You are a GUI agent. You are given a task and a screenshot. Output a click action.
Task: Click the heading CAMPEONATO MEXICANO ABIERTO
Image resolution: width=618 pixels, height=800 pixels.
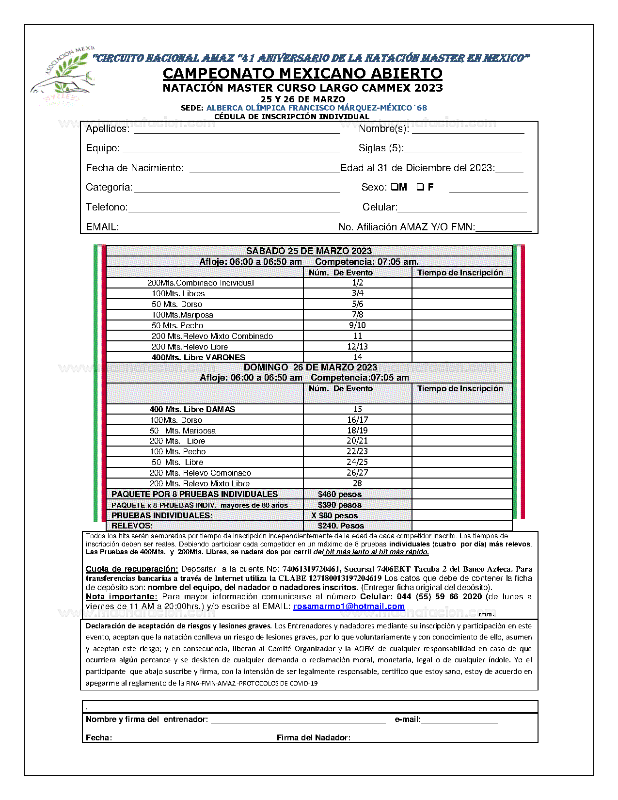coord(302,73)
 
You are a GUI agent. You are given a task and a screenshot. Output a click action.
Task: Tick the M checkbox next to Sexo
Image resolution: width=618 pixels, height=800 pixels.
coord(394,187)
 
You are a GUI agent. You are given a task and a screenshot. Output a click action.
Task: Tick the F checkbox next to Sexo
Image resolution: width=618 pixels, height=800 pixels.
coord(420,187)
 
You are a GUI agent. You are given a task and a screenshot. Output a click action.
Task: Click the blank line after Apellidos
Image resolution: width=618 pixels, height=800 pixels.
coord(237,130)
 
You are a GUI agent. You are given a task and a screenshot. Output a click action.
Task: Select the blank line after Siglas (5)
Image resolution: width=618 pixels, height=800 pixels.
coord(463,149)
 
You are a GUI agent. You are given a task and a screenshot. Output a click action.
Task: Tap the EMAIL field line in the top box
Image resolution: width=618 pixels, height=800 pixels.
coord(225,228)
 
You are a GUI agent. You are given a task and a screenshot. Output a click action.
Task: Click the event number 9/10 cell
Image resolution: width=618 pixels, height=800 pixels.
coord(357,325)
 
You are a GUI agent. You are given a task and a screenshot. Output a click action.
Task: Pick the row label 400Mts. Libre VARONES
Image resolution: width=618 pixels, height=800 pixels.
coord(198,357)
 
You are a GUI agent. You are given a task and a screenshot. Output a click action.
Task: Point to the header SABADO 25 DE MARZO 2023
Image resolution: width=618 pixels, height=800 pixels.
coord(309,251)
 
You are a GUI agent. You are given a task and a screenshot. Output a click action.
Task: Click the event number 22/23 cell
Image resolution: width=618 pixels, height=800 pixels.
coord(357,451)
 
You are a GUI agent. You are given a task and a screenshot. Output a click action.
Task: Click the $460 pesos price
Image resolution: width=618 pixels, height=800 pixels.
coord(339,494)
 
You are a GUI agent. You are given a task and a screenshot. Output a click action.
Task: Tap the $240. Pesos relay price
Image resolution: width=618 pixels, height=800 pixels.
coord(341,526)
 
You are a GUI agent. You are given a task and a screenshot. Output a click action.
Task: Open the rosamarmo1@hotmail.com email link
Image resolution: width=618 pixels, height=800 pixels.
coord(349,606)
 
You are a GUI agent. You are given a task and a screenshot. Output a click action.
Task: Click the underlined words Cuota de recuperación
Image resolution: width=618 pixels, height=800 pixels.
coord(132,569)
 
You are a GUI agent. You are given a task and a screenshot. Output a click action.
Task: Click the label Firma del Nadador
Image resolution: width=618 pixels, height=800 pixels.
coord(313,737)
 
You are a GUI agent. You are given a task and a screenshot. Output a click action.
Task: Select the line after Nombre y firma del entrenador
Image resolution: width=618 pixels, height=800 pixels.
coord(298,720)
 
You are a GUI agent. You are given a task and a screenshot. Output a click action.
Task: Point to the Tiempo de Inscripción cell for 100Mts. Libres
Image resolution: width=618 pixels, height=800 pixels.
coord(462,293)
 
